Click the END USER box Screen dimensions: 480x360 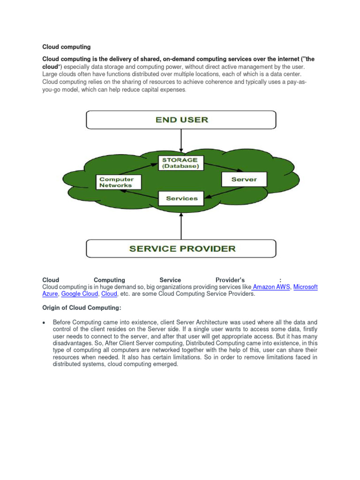[181, 120]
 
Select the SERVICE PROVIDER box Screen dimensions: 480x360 [181, 248]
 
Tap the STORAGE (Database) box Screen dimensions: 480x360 [180, 163]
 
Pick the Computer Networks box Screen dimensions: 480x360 [116, 182]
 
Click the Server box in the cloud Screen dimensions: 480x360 [244, 179]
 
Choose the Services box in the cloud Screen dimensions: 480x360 [181, 198]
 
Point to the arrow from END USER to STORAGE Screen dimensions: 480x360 [181, 141]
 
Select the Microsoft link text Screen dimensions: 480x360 [306, 287]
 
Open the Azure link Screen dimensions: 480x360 [50, 294]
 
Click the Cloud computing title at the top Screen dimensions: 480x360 [67, 47]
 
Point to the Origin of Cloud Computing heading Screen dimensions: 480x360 [82, 307]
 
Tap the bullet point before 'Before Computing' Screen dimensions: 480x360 [44, 322]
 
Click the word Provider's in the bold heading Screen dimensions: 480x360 [230, 280]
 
